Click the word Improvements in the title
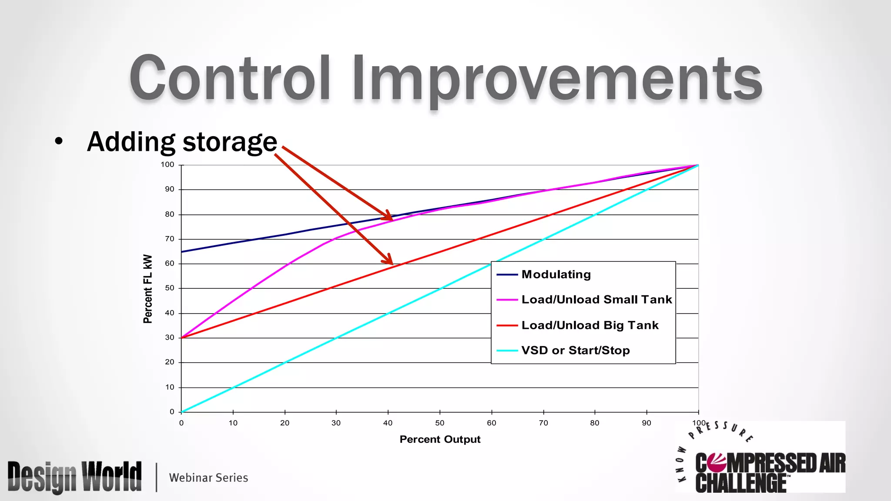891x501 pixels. point(557,79)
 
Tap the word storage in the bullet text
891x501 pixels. point(230,143)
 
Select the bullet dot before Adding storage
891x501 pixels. point(59,141)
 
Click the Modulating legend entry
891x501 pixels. point(556,274)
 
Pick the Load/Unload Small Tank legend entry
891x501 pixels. point(596,300)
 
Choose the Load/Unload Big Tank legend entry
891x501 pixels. point(590,325)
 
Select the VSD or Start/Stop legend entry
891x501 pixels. point(575,351)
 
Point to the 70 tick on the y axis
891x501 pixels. point(170,239)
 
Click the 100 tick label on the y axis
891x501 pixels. point(167,164)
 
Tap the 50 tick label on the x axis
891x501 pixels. point(440,423)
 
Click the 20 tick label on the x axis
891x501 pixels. point(285,423)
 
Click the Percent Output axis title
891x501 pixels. point(440,439)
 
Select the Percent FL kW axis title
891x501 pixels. point(148,289)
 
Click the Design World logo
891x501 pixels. point(75,477)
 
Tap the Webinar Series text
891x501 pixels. point(208,478)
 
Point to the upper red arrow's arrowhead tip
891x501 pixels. point(392,220)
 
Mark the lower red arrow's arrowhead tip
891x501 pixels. point(392,264)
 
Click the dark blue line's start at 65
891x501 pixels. point(182,252)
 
